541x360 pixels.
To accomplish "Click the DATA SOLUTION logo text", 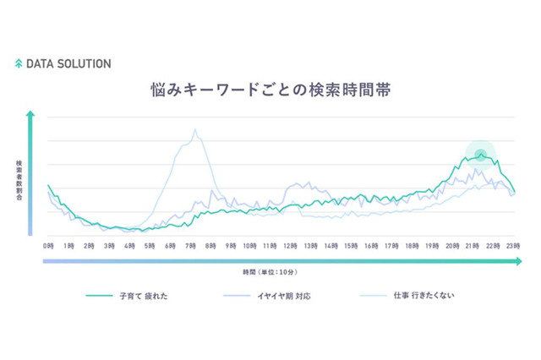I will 68,63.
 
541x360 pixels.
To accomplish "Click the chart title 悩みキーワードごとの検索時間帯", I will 270,90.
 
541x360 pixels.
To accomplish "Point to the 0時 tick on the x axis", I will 48,245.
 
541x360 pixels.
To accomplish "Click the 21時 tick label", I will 472,245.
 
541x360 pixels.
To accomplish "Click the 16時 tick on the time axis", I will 370,245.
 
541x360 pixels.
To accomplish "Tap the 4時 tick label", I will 128,245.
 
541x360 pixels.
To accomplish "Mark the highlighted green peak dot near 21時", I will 481,154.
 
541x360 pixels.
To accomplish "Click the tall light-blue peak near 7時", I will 194,130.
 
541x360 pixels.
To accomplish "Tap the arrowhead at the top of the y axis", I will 30,112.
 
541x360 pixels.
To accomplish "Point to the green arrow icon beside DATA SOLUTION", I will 19,63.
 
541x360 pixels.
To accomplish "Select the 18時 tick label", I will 411,245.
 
